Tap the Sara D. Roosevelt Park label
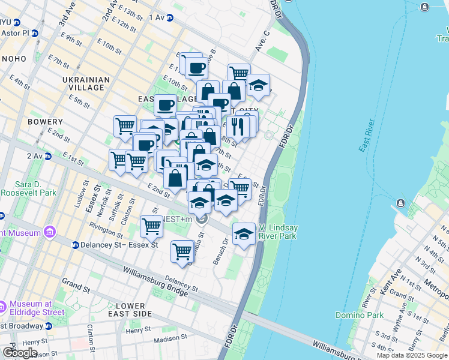click(28, 188)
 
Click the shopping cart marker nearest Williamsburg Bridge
click(182, 252)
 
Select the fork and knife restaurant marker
click(238, 127)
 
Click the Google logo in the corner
click(20, 352)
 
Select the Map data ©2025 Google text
click(412, 355)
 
